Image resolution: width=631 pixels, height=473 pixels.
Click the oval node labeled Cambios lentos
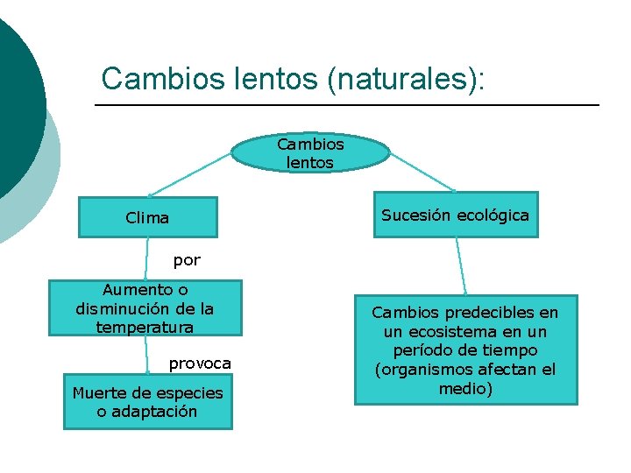[x=310, y=152]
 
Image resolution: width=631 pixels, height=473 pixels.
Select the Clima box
[x=147, y=217]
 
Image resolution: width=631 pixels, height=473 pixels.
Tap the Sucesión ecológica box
[x=455, y=215]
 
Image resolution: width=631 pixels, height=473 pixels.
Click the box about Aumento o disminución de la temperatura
[x=145, y=307]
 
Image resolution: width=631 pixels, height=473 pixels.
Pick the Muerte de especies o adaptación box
[x=147, y=402]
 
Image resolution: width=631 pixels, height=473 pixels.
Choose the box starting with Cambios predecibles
[x=465, y=349]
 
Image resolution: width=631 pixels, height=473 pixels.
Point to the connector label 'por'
[x=187, y=260]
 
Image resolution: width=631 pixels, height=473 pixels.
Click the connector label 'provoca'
[x=200, y=363]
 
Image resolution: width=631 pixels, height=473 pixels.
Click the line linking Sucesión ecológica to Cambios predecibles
[x=460, y=266]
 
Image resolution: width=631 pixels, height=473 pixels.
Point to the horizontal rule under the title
[x=346, y=105]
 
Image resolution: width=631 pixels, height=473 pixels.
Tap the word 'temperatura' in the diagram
[x=145, y=327]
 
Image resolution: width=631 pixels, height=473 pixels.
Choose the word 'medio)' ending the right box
[x=465, y=388]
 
